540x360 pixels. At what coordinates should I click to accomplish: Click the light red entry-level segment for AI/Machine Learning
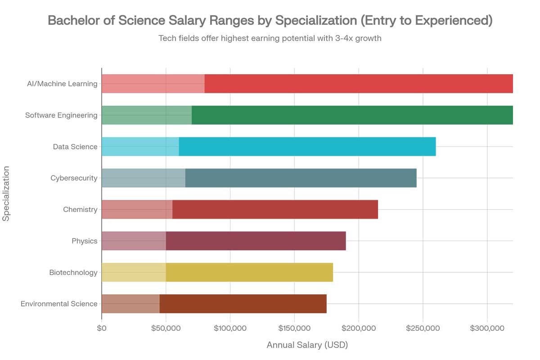(153, 84)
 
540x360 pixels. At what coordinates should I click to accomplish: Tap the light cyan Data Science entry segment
(140, 147)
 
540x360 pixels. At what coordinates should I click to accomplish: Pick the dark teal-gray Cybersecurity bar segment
(301, 178)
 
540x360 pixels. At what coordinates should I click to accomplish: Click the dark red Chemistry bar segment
(275, 209)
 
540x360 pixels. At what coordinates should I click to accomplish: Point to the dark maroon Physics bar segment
(256, 241)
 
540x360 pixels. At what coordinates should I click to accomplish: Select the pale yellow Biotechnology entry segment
(134, 272)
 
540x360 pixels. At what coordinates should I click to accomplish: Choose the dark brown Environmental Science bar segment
(243, 304)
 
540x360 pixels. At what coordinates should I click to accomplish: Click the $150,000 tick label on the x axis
(294, 328)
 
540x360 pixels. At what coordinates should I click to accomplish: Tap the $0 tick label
(102, 328)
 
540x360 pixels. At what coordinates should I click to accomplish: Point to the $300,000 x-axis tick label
(487, 328)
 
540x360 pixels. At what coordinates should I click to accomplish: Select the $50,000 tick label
(166, 328)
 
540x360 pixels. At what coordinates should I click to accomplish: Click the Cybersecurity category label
(74, 178)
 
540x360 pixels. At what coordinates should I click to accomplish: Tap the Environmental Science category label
(59, 304)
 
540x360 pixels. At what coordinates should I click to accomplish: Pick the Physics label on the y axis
(85, 241)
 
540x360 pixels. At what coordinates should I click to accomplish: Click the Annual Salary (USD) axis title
(307, 345)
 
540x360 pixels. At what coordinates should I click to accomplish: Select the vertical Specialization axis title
(6, 193)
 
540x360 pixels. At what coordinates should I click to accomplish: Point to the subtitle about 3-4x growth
(270, 38)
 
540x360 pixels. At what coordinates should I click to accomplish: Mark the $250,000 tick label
(423, 328)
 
